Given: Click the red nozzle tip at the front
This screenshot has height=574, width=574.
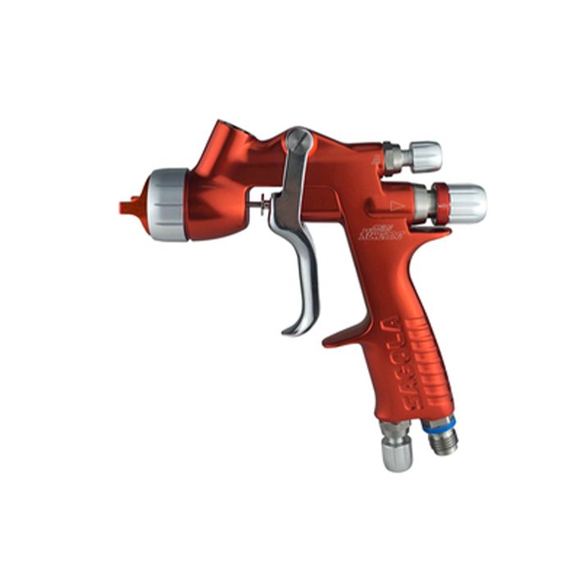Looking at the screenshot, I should coord(129,206).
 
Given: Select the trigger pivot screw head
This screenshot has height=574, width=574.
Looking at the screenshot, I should coord(298,142).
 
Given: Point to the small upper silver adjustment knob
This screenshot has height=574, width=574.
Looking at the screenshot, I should coord(426,156).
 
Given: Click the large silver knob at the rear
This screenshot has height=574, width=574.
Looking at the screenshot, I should coord(467,203).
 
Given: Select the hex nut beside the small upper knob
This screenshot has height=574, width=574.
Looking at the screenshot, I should coord(394,158).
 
